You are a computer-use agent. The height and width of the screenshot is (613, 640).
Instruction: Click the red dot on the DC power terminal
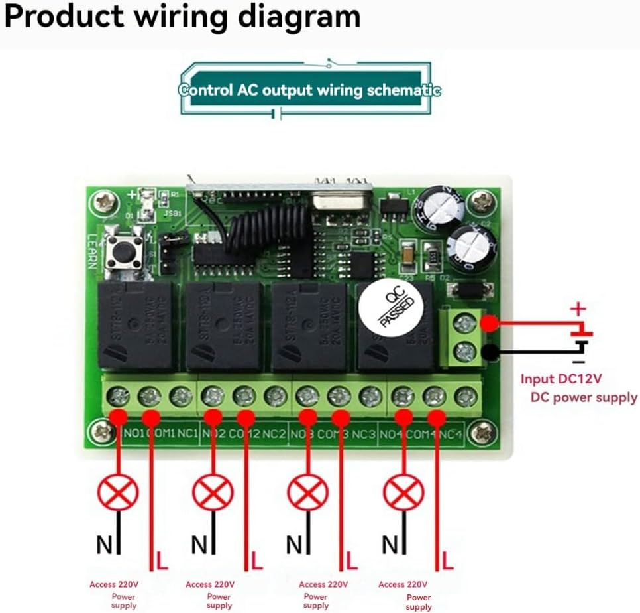pyautogui.click(x=490, y=324)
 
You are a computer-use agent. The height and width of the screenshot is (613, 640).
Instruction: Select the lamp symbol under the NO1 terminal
pyautogui.click(x=118, y=494)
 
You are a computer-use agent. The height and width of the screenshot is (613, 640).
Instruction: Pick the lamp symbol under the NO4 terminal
pyautogui.click(x=403, y=494)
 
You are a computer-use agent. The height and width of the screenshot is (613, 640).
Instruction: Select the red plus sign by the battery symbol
pyautogui.click(x=578, y=309)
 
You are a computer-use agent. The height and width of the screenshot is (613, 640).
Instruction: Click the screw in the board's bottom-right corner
pyautogui.click(x=481, y=433)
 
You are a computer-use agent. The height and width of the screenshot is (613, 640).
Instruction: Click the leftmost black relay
pyautogui.click(x=136, y=325)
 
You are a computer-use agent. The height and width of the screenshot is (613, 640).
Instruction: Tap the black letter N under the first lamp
pyautogui.click(x=105, y=545)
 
